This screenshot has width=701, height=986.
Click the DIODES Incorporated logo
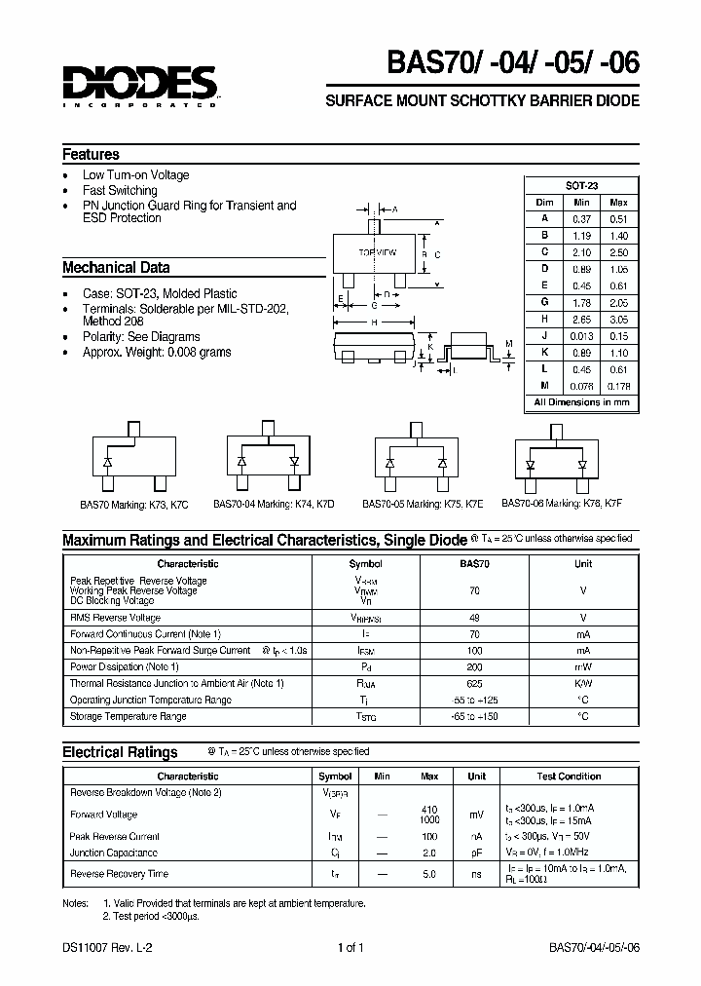138,87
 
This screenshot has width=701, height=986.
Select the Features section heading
91,155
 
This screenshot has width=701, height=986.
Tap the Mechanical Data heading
116,267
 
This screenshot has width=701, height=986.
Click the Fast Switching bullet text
120,191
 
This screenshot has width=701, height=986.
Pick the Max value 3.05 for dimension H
618,320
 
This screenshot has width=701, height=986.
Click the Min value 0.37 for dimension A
582,219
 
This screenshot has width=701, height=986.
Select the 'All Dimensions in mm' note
581,402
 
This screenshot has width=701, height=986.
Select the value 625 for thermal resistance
474,683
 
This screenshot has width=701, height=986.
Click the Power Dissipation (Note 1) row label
125,666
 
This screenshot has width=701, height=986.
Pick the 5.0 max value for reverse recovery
428,874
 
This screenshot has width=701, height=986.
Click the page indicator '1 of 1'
350,948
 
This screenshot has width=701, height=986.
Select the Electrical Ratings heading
120,752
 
